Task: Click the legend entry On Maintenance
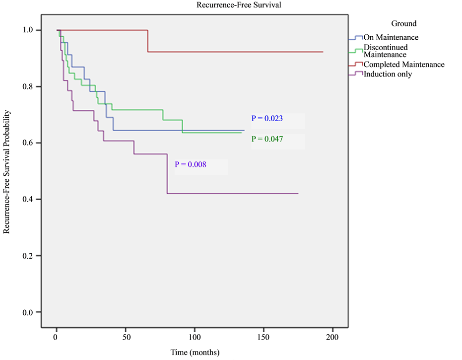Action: pos(391,37)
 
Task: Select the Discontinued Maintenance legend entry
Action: pos(385,51)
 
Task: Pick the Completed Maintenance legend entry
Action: pos(403,65)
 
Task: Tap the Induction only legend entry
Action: pos(388,74)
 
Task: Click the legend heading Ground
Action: pos(403,23)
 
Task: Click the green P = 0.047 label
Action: pos(267,139)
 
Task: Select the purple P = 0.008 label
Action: pos(191,164)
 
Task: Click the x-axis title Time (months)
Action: pos(195,352)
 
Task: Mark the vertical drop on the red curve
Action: pos(148,41)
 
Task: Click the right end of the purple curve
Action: pos(298,193)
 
